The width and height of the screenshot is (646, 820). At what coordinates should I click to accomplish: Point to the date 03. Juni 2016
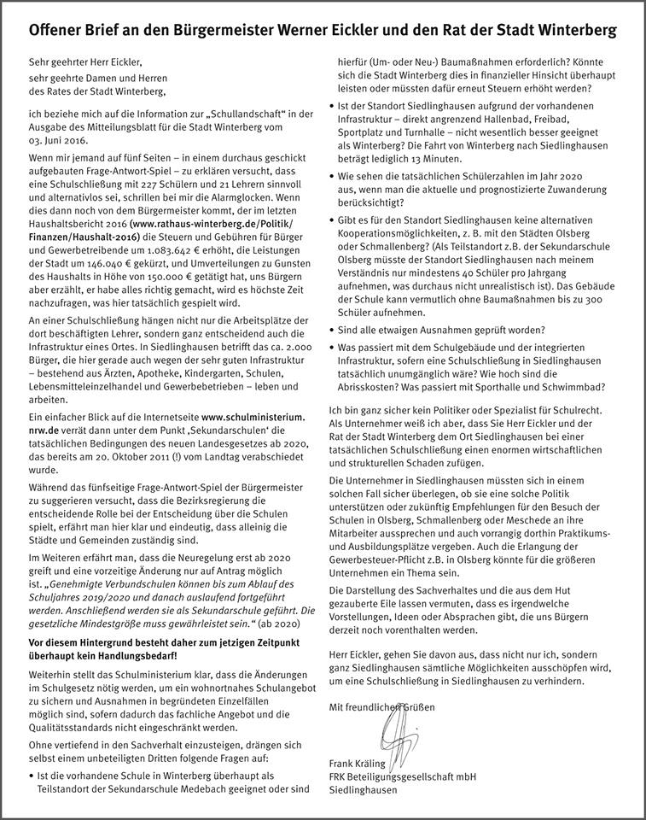60,138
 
